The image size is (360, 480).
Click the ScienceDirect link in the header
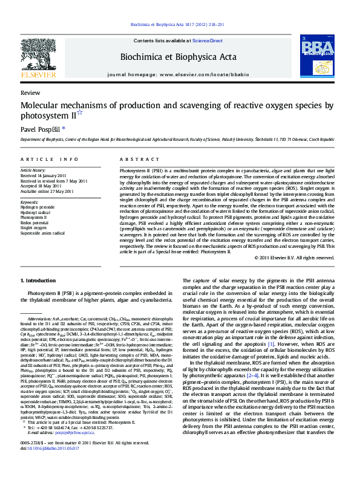tap(207, 40)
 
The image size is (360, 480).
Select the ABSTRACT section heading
tap(135, 159)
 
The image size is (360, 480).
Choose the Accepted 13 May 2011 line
tap(41, 186)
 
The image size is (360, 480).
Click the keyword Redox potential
tap(34, 222)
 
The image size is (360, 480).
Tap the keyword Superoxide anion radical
tap(42, 232)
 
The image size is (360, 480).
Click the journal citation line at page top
tap(180, 24)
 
